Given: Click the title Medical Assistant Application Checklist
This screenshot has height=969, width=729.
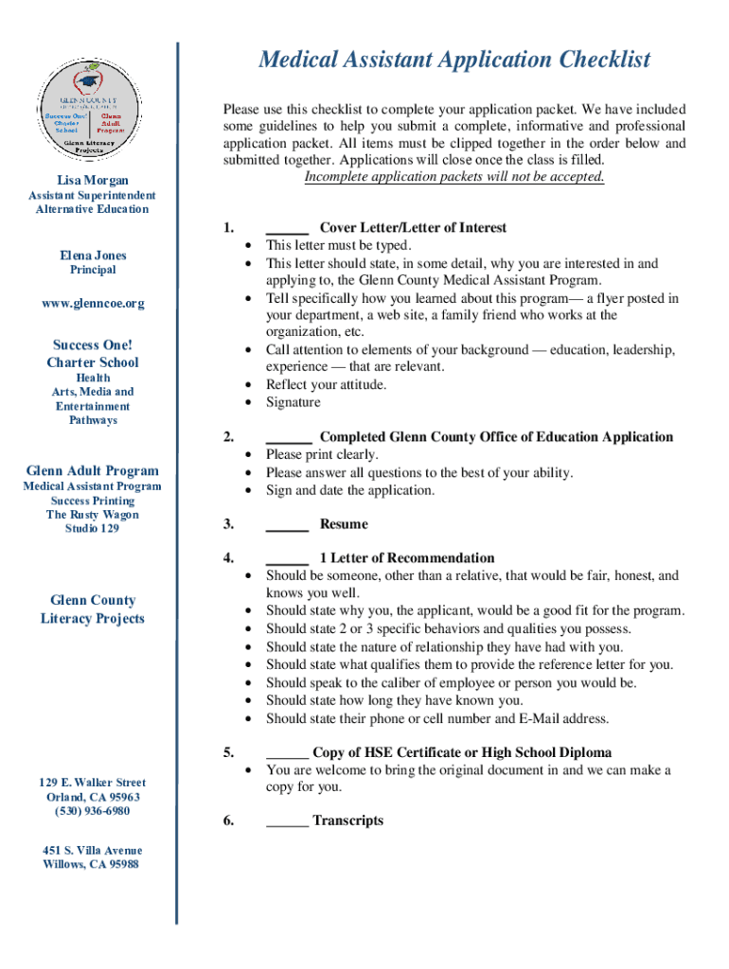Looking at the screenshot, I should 454,61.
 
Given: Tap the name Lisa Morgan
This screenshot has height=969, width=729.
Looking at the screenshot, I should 92,181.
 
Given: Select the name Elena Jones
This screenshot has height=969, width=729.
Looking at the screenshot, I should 92,255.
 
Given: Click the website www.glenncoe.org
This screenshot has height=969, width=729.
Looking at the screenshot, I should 92,304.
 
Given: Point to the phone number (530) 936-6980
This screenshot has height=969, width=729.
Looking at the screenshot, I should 92,812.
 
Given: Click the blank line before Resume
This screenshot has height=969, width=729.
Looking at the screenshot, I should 287,524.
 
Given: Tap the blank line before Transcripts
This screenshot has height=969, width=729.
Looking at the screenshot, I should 287,820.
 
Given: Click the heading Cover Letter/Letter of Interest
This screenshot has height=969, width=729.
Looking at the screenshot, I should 413,228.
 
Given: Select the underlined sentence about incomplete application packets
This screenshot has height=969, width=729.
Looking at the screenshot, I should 453,177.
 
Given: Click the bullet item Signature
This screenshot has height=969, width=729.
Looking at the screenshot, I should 293,402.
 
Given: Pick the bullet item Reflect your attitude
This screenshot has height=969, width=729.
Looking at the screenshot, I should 326,384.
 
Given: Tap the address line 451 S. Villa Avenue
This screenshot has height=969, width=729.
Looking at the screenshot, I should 92,851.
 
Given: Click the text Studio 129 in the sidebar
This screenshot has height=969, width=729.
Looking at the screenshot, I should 92,529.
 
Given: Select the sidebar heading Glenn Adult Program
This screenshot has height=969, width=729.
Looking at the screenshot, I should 92,471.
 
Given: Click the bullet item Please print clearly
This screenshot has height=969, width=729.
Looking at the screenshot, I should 322,455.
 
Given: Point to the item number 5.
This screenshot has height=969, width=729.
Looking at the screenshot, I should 228,753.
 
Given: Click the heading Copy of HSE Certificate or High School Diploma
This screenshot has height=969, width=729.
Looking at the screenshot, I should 462,753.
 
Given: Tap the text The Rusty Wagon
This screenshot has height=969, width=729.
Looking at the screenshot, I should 92,515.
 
